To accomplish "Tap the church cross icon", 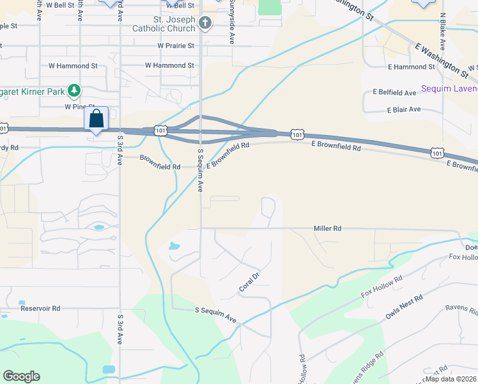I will click(x=204, y=24).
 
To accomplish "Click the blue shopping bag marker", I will click(x=96, y=118).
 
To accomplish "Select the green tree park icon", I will click(x=75, y=90).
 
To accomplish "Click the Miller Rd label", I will click(x=327, y=228).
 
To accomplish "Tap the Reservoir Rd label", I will click(x=40, y=308).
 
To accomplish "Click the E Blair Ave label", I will click(x=404, y=109).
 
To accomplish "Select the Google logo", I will click(x=21, y=376).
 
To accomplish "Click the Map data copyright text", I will click(x=451, y=379).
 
